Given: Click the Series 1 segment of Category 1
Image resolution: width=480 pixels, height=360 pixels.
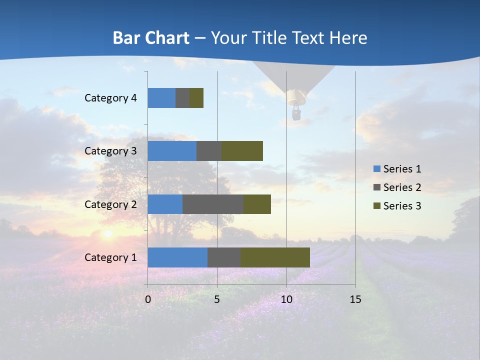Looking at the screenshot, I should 177,257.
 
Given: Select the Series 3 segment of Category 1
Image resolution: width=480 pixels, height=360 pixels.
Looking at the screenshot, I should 275,257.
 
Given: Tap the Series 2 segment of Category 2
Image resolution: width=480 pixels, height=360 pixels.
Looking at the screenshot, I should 213,204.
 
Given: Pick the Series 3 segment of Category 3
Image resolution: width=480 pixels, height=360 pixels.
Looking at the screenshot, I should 242,151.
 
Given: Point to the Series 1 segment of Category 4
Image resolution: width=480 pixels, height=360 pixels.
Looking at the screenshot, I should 161,98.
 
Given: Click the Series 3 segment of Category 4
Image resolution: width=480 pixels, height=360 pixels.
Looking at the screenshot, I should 196,98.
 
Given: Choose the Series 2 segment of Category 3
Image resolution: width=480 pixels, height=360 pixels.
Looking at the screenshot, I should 209,151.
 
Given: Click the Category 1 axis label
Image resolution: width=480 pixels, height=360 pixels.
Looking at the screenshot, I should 110,257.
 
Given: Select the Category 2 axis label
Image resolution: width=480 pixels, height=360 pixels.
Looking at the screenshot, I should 110,204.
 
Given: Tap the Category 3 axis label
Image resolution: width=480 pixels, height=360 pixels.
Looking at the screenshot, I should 110,151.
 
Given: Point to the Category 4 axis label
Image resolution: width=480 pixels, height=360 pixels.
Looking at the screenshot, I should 110,98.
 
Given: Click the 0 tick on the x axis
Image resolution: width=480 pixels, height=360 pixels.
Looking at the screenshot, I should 148,299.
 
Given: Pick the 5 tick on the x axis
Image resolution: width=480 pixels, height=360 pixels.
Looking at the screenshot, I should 217,299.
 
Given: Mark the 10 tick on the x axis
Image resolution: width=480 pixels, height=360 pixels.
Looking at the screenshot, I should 286,299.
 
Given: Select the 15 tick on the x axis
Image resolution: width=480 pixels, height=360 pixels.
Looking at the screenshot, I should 355,299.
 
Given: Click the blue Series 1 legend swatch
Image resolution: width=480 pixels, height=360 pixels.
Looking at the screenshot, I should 376,169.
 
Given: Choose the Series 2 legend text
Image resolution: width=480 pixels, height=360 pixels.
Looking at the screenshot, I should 402,187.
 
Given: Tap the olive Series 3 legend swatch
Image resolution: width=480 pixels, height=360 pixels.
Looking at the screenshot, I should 376,206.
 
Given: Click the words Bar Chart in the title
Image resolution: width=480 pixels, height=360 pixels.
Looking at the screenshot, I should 151,38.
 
